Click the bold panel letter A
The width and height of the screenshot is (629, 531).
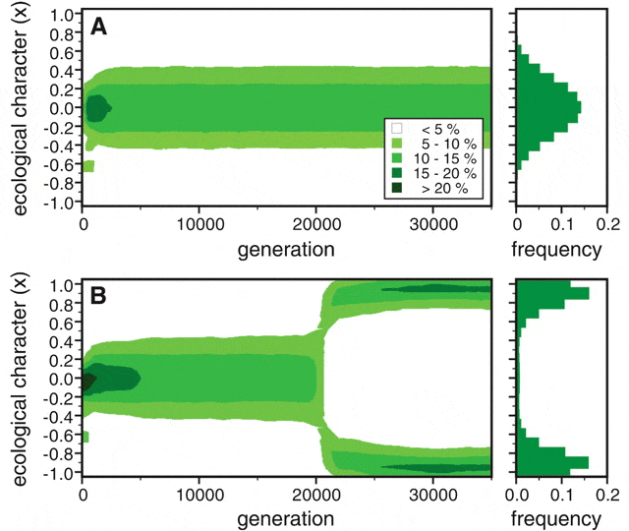pyautogui.click(x=99, y=28)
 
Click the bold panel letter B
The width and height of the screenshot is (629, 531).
pyautogui.click(x=99, y=296)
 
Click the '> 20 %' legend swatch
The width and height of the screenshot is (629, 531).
pyautogui.click(x=397, y=188)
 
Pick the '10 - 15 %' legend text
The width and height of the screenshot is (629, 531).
pyautogui.click(x=448, y=158)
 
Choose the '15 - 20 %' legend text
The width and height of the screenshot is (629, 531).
pyautogui.click(x=448, y=173)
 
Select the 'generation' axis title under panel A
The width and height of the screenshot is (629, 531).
pyautogui.click(x=284, y=249)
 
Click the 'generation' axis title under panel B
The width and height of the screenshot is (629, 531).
pyautogui.click(x=284, y=518)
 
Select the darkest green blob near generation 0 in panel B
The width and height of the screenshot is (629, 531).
pyautogui.click(x=87, y=381)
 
